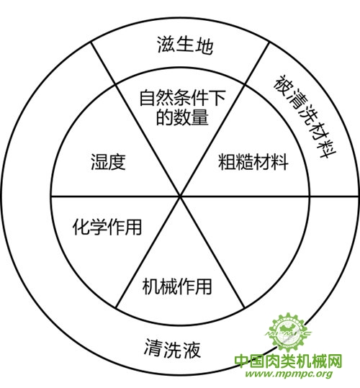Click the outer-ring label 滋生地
pyautogui.click(x=185, y=45)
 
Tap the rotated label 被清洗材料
pyautogui.click(x=305, y=117)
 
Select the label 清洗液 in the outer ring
pyautogui.click(x=173, y=348)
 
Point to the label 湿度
pyautogui.click(x=109, y=162)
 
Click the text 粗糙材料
pyautogui.click(x=253, y=162)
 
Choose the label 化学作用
pyautogui.click(x=107, y=227)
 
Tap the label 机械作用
pyautogui.click(x=177, y=287)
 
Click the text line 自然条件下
pyautogui.click(x=183, y=98)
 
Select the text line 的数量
pyautogui.click(x=182, y=117)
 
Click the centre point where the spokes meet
pyautogui.click(x=180, y=197)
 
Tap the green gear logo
pyautogui.click(x=289, y=333)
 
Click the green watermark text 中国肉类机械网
pyautogui.click(x=288, y=361)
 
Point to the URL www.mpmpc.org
pyautogui.click(x=289, y=374)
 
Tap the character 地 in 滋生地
pyautogui.click(x=204, y=46)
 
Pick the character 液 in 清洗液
pyautogui.click(x=191, y=349)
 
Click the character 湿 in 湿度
pyautogui.click(x=99, y=162)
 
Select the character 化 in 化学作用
pyautogui.click(x=81, y=227)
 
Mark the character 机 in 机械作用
pyautogui.click(x=151, y=287)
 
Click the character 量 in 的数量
pyautogui.click(x=200, y=117)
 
